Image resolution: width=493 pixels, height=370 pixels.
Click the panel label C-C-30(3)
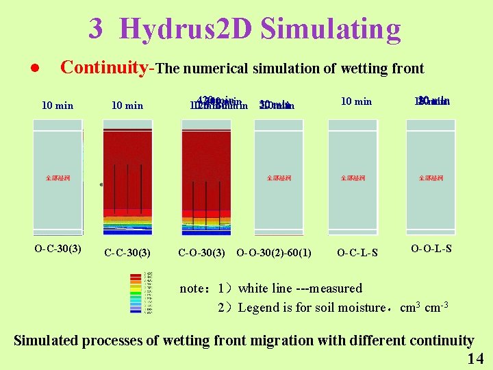[x=127, y=252]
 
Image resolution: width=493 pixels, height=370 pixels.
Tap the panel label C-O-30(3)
[x=202, y=252]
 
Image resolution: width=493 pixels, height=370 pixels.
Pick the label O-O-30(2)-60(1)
[x=274, y=252]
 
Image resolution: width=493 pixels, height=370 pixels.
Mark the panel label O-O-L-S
[x=431, y=248]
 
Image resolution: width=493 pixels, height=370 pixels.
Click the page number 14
[x=475, y=359]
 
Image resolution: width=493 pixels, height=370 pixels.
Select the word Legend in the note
[x=257, y=308]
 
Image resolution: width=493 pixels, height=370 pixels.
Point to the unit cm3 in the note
[x=408, y=307]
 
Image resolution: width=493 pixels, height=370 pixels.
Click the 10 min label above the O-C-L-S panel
[x=356, y=101]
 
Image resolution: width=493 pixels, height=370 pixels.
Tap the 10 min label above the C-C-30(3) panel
[x=127, y=105]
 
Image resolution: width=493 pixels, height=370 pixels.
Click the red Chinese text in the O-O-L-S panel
[x=431, y=178]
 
